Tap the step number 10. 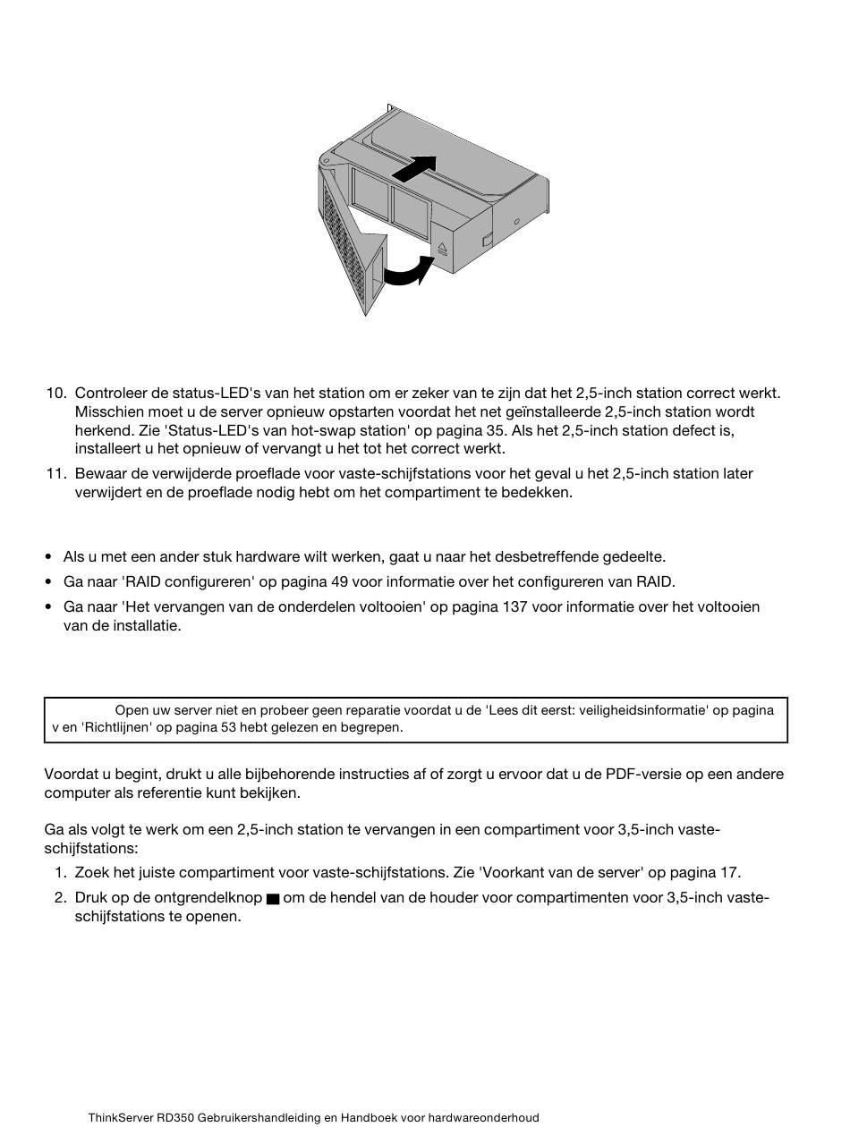(x=56, y=394)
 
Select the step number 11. (x=56, y=474)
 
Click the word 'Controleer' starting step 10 (x=108, y=394)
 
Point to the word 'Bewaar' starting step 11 (x=99, y=474)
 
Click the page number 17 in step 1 (x=730, y=873)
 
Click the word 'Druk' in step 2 (x=91, y=898)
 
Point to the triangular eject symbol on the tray (x=442, y=249)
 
